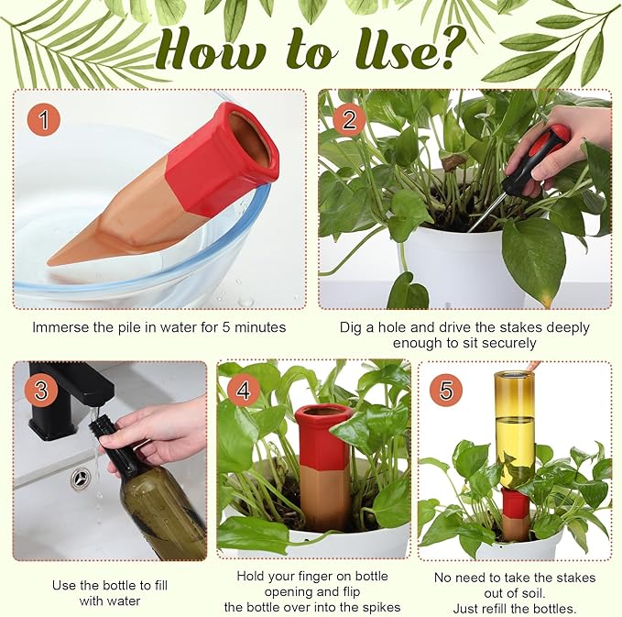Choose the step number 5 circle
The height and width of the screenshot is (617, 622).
click(445, 391)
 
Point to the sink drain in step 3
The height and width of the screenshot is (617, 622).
click(81, 477)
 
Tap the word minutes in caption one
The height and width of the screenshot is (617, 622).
click(260, 327)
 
